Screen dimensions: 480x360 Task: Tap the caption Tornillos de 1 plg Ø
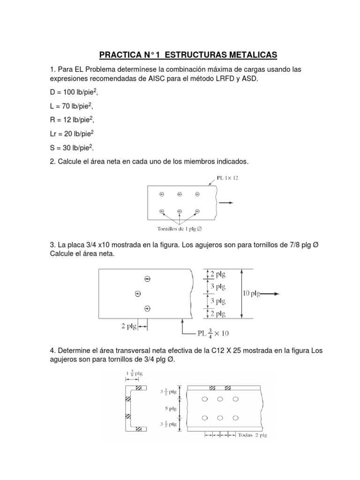tap(180, 229)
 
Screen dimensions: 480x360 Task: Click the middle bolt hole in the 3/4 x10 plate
tap(137, 294)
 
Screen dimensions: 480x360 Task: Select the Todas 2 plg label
tap(254, 435)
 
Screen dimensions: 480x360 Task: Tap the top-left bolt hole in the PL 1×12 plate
tap(162, 194)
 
